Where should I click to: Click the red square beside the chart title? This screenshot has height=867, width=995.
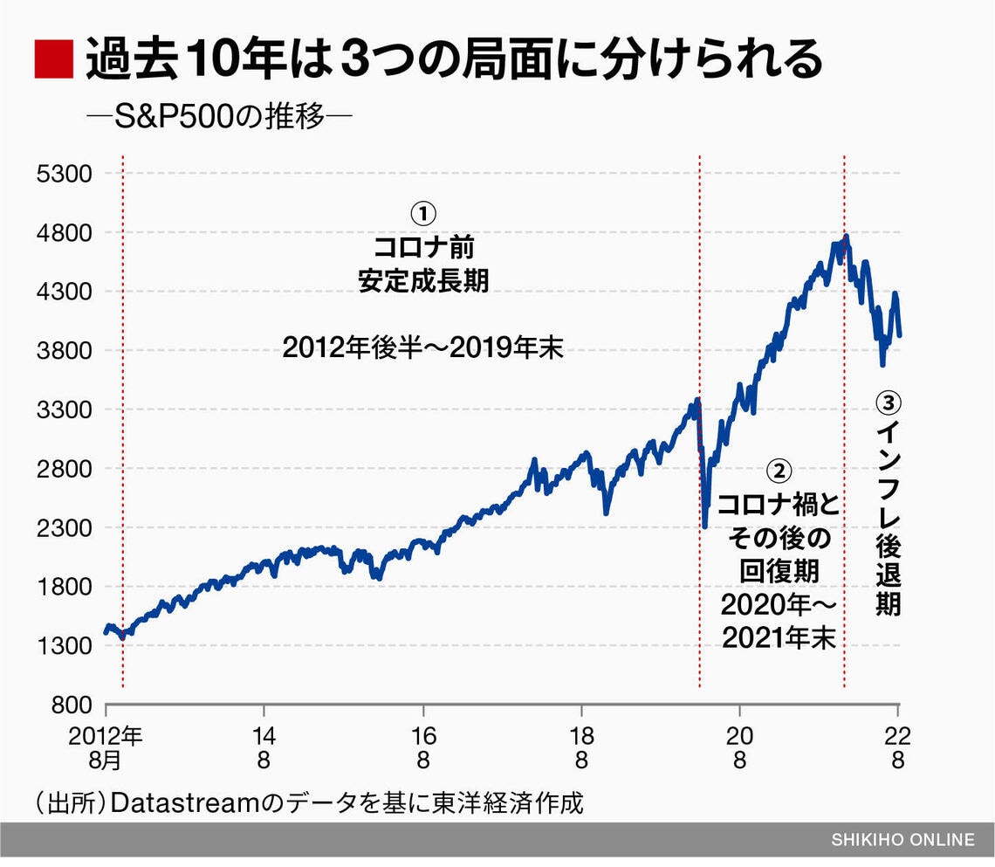[52, 60]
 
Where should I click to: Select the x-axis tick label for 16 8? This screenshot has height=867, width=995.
[423, 747]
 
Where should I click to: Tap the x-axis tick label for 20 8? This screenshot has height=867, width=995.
[739, 747]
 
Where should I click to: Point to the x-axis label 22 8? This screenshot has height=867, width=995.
[898, 747]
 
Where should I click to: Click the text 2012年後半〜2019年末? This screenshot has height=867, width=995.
[423, 350]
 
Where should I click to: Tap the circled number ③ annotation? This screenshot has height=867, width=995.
[888, 403]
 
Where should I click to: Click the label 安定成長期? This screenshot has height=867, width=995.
[423, 281]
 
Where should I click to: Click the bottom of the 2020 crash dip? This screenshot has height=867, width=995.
[705, 526]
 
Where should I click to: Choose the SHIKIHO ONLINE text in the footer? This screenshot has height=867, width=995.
[902, 840]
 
